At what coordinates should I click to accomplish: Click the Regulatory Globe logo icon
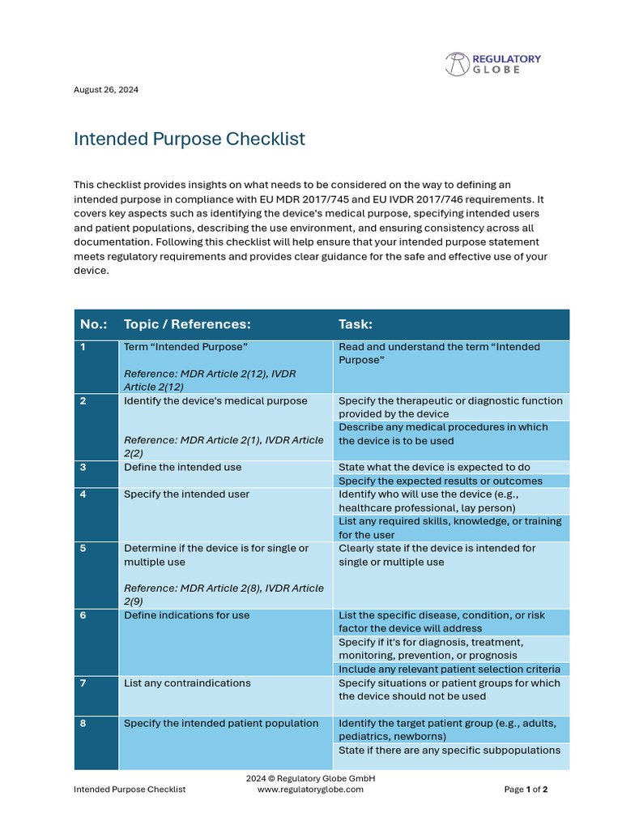pyautogui.click(x=457, y=64)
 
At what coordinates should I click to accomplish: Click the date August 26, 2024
pyautogui.click(x=106, y=90)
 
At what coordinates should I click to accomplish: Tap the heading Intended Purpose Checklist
pyautogui.click(x=190, y=139)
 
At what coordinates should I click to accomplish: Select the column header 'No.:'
pyautogui.click(x=95, y=324)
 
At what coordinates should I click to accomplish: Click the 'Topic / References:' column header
pyautogui.click(x=187, y=324)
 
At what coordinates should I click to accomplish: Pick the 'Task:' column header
pyautogui.click(x=356, y=324)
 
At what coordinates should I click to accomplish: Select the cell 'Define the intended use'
pyautogui.click(x=182, y=468)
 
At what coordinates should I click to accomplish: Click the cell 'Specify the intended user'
pyautogui.click(x=186, y=494)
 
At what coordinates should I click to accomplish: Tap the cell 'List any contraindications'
pyautogui.click(x=187, y=683)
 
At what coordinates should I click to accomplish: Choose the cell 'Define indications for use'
pyautogui.click(x=186, y=616)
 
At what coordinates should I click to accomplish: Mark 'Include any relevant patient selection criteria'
pyautogui.click(x=449, y=670)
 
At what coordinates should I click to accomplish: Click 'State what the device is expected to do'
pyautogui.click(x=434, y=468)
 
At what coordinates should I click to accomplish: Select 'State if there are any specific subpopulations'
pyautogui.click(x=449, y=751)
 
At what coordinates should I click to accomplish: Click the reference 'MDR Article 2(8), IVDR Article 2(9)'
pyautogui.click(x=223, y=595)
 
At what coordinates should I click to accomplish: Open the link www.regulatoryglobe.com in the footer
pyautogui.click(x=310, y=789)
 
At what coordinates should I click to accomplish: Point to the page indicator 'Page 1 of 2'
pyautogui.click(x=526, y=789)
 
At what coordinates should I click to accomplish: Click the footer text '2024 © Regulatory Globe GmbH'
pyautogui.click(x=310, y=778)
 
